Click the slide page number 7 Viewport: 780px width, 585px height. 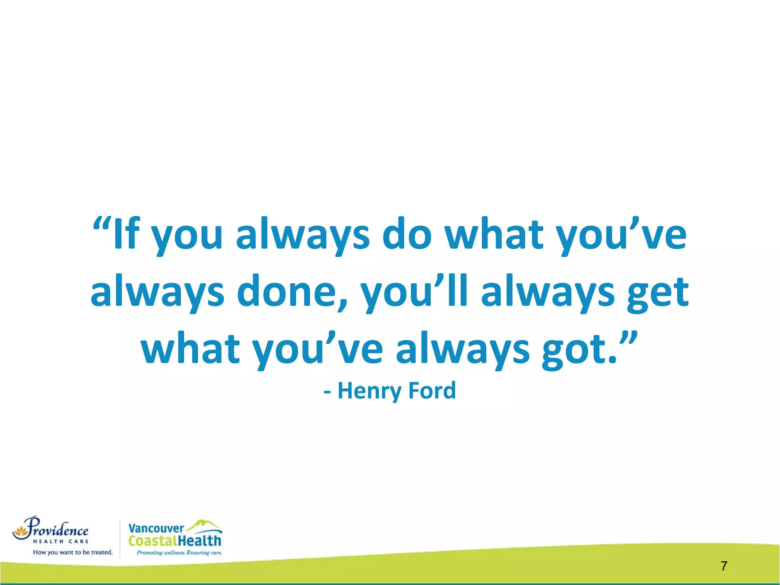coord(724,566)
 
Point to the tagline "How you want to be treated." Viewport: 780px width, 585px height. coord(73,552)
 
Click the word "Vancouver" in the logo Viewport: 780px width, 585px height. coord(156,529)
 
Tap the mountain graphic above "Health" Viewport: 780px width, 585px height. coord(204,525)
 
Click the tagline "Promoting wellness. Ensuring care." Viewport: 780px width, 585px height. coord(179,553)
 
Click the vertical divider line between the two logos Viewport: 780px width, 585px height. coord(120,539)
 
